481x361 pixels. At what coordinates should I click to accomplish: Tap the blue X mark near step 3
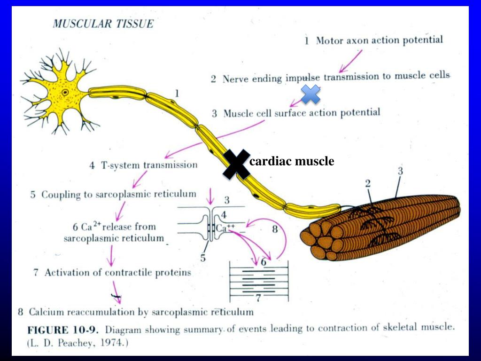310,94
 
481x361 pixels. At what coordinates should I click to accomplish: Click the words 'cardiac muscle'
292,162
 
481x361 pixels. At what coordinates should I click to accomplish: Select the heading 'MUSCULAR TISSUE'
103,24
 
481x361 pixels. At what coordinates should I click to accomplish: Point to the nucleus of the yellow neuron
65,93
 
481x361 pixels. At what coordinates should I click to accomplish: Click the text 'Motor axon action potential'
379,40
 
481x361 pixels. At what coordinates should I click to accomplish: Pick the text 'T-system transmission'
149,165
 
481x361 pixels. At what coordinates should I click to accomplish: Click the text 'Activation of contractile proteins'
118,272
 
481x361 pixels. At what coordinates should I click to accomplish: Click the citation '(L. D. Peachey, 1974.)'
76,343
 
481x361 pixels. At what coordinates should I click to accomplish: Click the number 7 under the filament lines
257,297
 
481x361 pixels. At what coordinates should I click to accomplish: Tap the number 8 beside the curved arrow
275,230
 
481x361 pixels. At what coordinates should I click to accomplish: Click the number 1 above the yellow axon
177,94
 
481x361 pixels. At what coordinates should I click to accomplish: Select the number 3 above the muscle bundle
400,172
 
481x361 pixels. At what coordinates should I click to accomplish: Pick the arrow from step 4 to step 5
139,180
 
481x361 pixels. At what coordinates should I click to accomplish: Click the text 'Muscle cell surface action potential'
302,113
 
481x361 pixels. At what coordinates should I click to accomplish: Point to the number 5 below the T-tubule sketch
203,258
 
